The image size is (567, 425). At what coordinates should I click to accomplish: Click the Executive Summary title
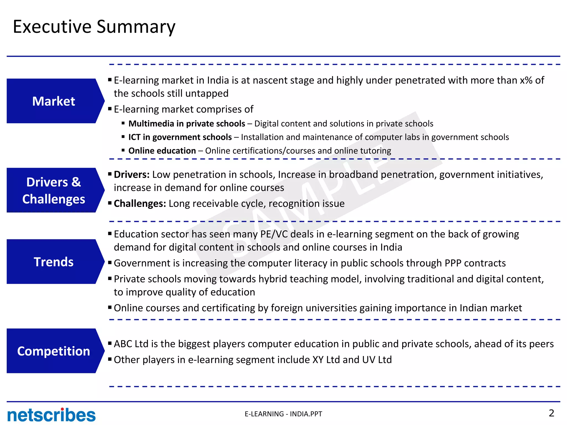click(x=94, y=27)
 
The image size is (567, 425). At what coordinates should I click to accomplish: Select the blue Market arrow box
click(x=54, y=101)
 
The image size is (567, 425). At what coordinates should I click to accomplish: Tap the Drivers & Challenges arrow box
click(x=54, y=190)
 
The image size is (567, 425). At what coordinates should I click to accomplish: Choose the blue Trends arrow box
click(x=54, y=262)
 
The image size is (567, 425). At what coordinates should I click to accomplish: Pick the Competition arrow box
click(x=54, y=351)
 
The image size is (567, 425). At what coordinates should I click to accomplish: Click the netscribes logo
click(x=51, y=415)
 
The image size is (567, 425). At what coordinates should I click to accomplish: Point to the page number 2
click(x=551, y=413)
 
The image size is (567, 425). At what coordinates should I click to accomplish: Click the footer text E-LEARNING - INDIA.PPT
click(x=283, y=414)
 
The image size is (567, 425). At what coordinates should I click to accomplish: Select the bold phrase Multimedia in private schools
click(x=187, y=123)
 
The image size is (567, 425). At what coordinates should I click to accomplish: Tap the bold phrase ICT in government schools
click(x=180, y=137)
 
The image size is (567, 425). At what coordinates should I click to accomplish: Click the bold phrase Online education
click(x=162, y=151)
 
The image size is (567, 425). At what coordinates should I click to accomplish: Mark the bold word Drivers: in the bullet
click(x=132, y=175)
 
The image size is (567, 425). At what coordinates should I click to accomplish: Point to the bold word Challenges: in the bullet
click(x=140, y=203)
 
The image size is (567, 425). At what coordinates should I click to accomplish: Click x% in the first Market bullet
click(x=526, y=80)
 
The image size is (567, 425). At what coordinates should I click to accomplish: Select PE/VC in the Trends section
click(x=274, y=234)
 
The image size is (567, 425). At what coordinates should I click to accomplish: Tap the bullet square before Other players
click(x=110, y=359)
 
